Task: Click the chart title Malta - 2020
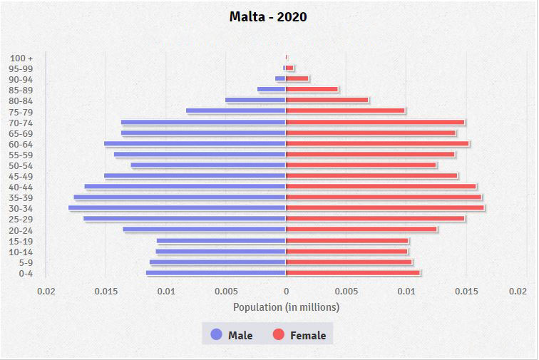coord(268,16)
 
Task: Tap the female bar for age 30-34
coord(385,208)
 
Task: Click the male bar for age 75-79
coord(236,111)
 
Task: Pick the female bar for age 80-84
coord(327,101)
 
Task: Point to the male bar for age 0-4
coord(216,273)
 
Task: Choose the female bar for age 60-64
coord(377,144)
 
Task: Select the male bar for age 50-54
coord(208,165)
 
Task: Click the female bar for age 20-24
coord(361,230)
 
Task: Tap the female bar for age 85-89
coord(312,90)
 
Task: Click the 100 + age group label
coord(22,58)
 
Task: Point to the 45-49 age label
coord(21,177)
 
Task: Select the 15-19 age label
coord(21,242)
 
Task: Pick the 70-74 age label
coord(21,123)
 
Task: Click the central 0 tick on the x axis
coord(286,291)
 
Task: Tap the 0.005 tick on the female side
coord(346,291)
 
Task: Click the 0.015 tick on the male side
coord(106,291)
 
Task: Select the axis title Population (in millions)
coord(286,307)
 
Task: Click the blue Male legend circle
coord(216,335)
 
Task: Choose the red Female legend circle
coord(278,335)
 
